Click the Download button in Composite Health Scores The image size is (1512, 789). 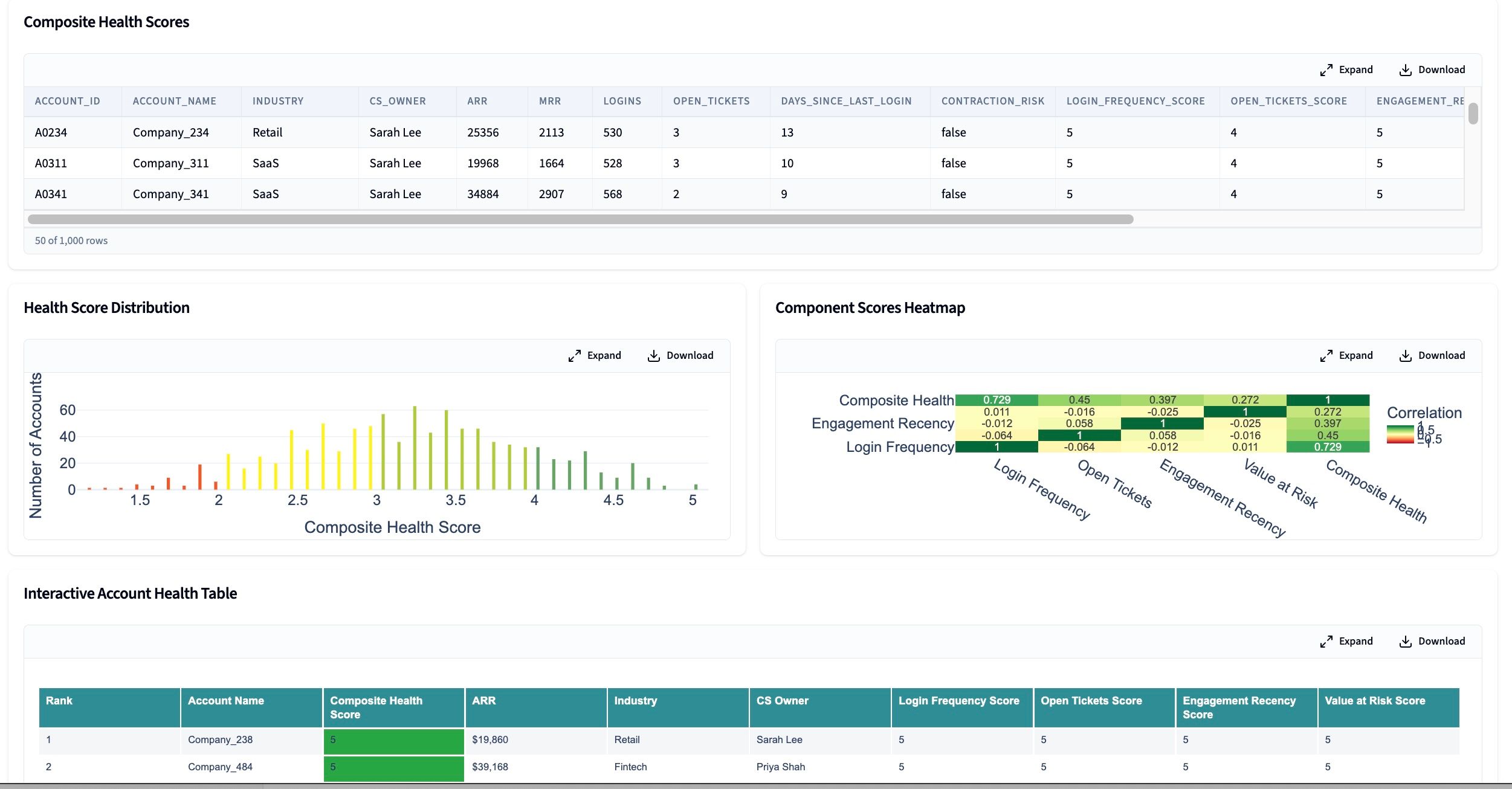(1432, 69)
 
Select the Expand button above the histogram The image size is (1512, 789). (595, 355)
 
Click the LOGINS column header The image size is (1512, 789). (622, 101)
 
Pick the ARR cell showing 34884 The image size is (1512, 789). (483, 194)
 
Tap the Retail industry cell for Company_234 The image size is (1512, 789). (267, 132)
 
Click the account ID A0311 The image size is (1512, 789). (51, 163)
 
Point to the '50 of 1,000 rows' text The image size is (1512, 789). (71, 240)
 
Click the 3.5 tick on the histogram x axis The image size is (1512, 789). (456, 500)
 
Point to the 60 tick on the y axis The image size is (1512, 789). (67, 410)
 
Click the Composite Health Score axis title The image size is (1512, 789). (392, 527)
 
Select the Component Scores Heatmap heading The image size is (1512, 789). (870, 308)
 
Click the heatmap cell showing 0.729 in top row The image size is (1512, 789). (997, 400)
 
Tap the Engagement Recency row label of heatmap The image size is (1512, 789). (882, 423)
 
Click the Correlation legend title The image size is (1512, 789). (1424, 413)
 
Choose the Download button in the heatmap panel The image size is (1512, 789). (1432, 355)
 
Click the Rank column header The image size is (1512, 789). (59, 701)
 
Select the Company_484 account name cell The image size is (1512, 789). (220, 767)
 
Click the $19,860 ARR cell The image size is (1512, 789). (489, 739)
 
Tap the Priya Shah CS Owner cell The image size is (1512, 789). (780, 767)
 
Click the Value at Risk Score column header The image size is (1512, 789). (1374, 701)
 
